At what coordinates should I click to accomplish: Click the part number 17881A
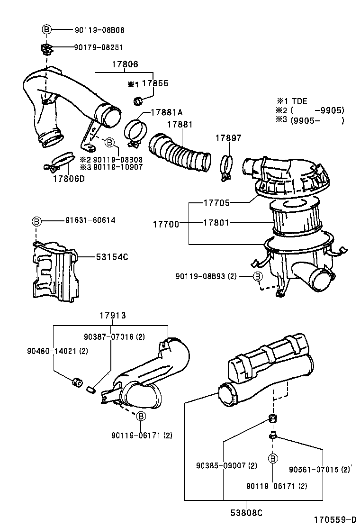click(x=167, y=112)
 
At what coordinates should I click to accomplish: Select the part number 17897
click(x=228, y=138)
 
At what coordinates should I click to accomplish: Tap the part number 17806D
click(x=68, y=179)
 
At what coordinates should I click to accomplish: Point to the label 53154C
click(x=112, y=257)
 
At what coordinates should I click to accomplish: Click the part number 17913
click(x=112, y=316)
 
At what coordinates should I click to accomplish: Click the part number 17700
click(x=166, y=224)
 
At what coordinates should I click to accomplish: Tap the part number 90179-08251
click(x=99, y=47)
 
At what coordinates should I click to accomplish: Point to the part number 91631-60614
click(x=90, y=220)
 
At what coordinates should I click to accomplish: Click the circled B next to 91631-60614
click(x=37, y=221)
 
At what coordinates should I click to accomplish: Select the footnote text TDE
click(x=298, y=101)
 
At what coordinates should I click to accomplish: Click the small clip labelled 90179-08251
click(x=46, y=48)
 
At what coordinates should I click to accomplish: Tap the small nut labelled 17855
click(x=139, y=100)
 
